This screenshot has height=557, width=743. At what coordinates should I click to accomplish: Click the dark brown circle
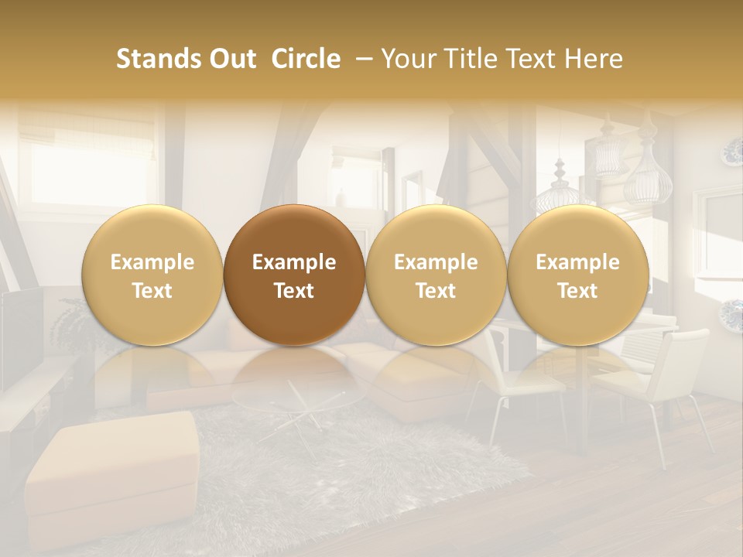pos(294,275)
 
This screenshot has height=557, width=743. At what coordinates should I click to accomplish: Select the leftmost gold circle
pos(152,275)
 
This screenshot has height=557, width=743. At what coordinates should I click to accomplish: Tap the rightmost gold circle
pos(577,275)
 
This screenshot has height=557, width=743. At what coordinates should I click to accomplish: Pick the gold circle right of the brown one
pos(436,275)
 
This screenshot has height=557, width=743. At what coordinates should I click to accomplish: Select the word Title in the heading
pos(484,59)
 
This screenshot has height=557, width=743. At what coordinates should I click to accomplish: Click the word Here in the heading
pos(593,59)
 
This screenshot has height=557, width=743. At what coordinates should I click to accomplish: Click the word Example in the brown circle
pos(294,262)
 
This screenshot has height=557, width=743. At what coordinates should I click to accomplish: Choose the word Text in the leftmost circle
pos(152,291)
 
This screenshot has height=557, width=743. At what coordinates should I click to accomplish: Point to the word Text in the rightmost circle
pos(577,291)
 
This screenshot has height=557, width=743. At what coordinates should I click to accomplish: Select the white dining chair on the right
pos(666,379)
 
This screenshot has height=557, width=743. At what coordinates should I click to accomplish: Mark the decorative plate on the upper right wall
pos(732,152)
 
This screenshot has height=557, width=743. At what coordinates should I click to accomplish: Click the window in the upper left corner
pos(70,155)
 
